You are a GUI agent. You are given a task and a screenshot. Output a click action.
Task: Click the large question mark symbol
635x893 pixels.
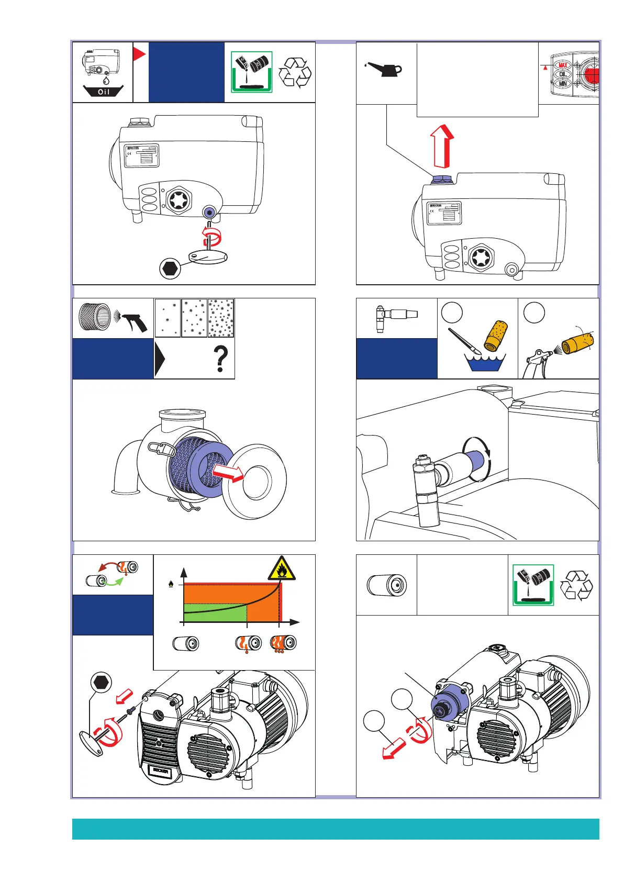click(x=221, y=359)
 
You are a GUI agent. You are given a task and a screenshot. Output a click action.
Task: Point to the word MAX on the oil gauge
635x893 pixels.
click(x=563, y=65)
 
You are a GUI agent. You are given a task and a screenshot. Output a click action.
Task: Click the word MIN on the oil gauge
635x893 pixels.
click(x=563, y=83)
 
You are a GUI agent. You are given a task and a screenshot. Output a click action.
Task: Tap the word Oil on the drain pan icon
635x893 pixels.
click(x=104, y=92)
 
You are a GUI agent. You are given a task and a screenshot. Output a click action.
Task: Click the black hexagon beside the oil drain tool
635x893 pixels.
click(x=170, y=268)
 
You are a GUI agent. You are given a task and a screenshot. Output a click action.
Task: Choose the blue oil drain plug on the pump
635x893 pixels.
click(x=209, y=213)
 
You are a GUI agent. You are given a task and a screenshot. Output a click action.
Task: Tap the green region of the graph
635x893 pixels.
click(x=215, y=613)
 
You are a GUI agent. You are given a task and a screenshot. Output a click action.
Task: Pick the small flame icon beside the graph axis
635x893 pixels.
click(x=171, y=584)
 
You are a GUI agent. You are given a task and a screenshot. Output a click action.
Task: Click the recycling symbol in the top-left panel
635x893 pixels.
click(x=295, y=73)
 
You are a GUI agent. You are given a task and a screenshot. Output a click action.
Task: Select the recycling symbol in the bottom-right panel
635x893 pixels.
click(x=576, y=586)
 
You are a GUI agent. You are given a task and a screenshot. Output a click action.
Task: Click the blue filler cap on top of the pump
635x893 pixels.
click(x=441, y=178)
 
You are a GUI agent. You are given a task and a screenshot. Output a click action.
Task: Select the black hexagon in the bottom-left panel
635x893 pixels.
click(x=101, y=683)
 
